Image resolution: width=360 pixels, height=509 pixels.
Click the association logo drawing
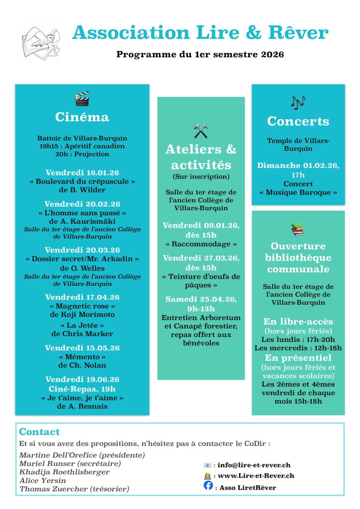pos(41,43)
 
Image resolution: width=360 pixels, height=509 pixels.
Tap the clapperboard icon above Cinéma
pos(82,98)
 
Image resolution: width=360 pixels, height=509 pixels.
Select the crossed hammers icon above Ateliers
pos(201,131)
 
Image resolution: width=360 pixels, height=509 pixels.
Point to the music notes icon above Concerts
pos(298,102)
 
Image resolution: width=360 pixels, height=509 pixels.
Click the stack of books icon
pos(298,229)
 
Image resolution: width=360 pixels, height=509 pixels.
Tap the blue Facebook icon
pos(208,486)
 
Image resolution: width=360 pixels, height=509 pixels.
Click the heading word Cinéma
pos(82,117)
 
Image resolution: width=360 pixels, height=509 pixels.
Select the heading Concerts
pos(298,121)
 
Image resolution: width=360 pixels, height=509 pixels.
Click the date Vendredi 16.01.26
pos(82,172)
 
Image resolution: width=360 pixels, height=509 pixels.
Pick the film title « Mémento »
pos(82,357)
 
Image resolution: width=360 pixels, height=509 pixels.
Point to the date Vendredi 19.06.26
pos(82,379)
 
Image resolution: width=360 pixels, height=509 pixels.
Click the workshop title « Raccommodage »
pos(201,244)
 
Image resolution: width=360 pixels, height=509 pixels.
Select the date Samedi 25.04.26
pos(201,299)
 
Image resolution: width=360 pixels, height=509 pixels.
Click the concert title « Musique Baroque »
pos(298,192)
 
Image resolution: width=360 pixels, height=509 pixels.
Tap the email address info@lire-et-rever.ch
pos(254,465)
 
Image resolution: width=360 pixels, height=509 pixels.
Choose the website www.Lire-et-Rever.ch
pos(256,476)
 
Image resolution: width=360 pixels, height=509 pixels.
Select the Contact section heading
pos(39,432)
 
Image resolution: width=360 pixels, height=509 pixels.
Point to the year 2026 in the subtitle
pos(272,54)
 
